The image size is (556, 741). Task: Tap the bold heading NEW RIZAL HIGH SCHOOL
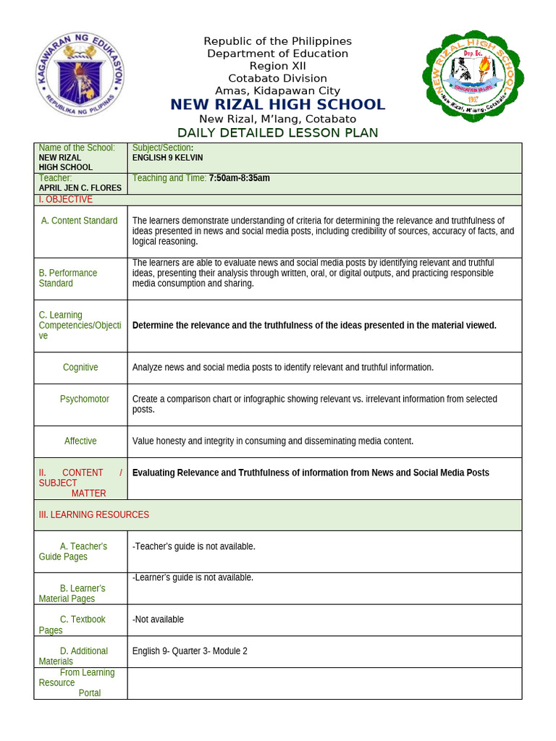point(277,105)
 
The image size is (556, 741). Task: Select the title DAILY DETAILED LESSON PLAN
point(277,132)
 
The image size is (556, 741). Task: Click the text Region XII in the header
point(277,66)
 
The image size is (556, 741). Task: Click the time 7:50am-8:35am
point(239,178)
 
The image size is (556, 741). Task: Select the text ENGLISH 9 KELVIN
point(167,157)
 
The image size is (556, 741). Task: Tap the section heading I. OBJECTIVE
point(65,199)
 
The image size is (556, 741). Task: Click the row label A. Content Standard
point(79,221)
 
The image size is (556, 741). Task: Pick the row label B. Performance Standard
point(68,278)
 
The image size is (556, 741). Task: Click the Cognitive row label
point(80,368)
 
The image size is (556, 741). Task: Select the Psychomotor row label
point(85,399)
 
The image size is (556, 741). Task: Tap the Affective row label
point(80,441)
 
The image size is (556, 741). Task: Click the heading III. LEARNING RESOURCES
point(94,515)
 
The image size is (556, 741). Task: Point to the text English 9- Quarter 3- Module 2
point(190,651)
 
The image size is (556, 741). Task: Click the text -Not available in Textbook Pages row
point(158,619)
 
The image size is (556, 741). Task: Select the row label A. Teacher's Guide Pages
point(73,551)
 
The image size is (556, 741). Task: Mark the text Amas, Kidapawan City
point(277,90)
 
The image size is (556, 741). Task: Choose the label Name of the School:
point(77,148)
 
